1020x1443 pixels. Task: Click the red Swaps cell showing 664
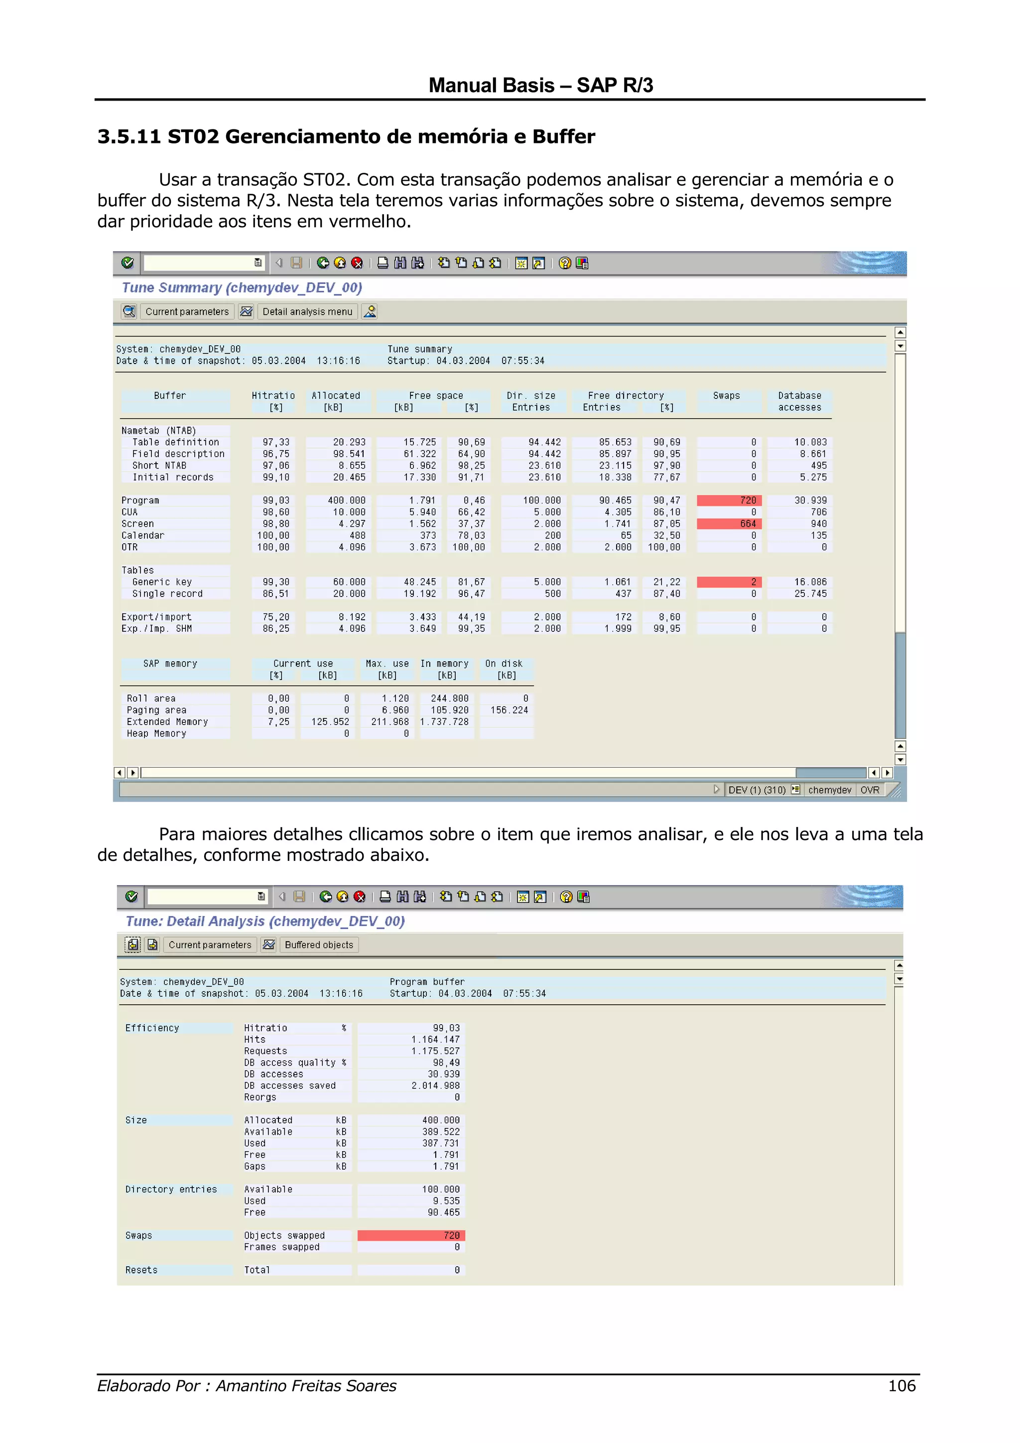tap(729, 523)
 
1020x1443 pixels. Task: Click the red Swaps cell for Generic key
tap(729, 582)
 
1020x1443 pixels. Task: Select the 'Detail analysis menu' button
tap(307, 312)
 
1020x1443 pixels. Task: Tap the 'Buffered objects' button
tap(319, 945)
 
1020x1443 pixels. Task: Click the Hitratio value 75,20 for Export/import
tap(276, 617)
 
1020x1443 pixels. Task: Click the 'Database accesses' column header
tap(799, 401)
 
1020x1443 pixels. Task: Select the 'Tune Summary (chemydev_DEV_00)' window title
tap(242, 288)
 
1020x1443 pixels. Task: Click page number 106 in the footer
tap(902, 1386)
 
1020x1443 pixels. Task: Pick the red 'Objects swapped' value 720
tap(412, 1235)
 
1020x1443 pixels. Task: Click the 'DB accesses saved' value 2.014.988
tap(435, 1085)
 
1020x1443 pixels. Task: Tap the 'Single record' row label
tap(167, 594)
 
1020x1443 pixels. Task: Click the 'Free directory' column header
tap(626, 396)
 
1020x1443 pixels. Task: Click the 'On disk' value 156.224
tap(509, 710)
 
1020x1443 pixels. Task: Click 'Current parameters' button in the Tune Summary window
tap(187, 312)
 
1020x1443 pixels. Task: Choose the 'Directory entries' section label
tap(171, 1189)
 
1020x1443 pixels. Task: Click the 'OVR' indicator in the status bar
tap(870, 790)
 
